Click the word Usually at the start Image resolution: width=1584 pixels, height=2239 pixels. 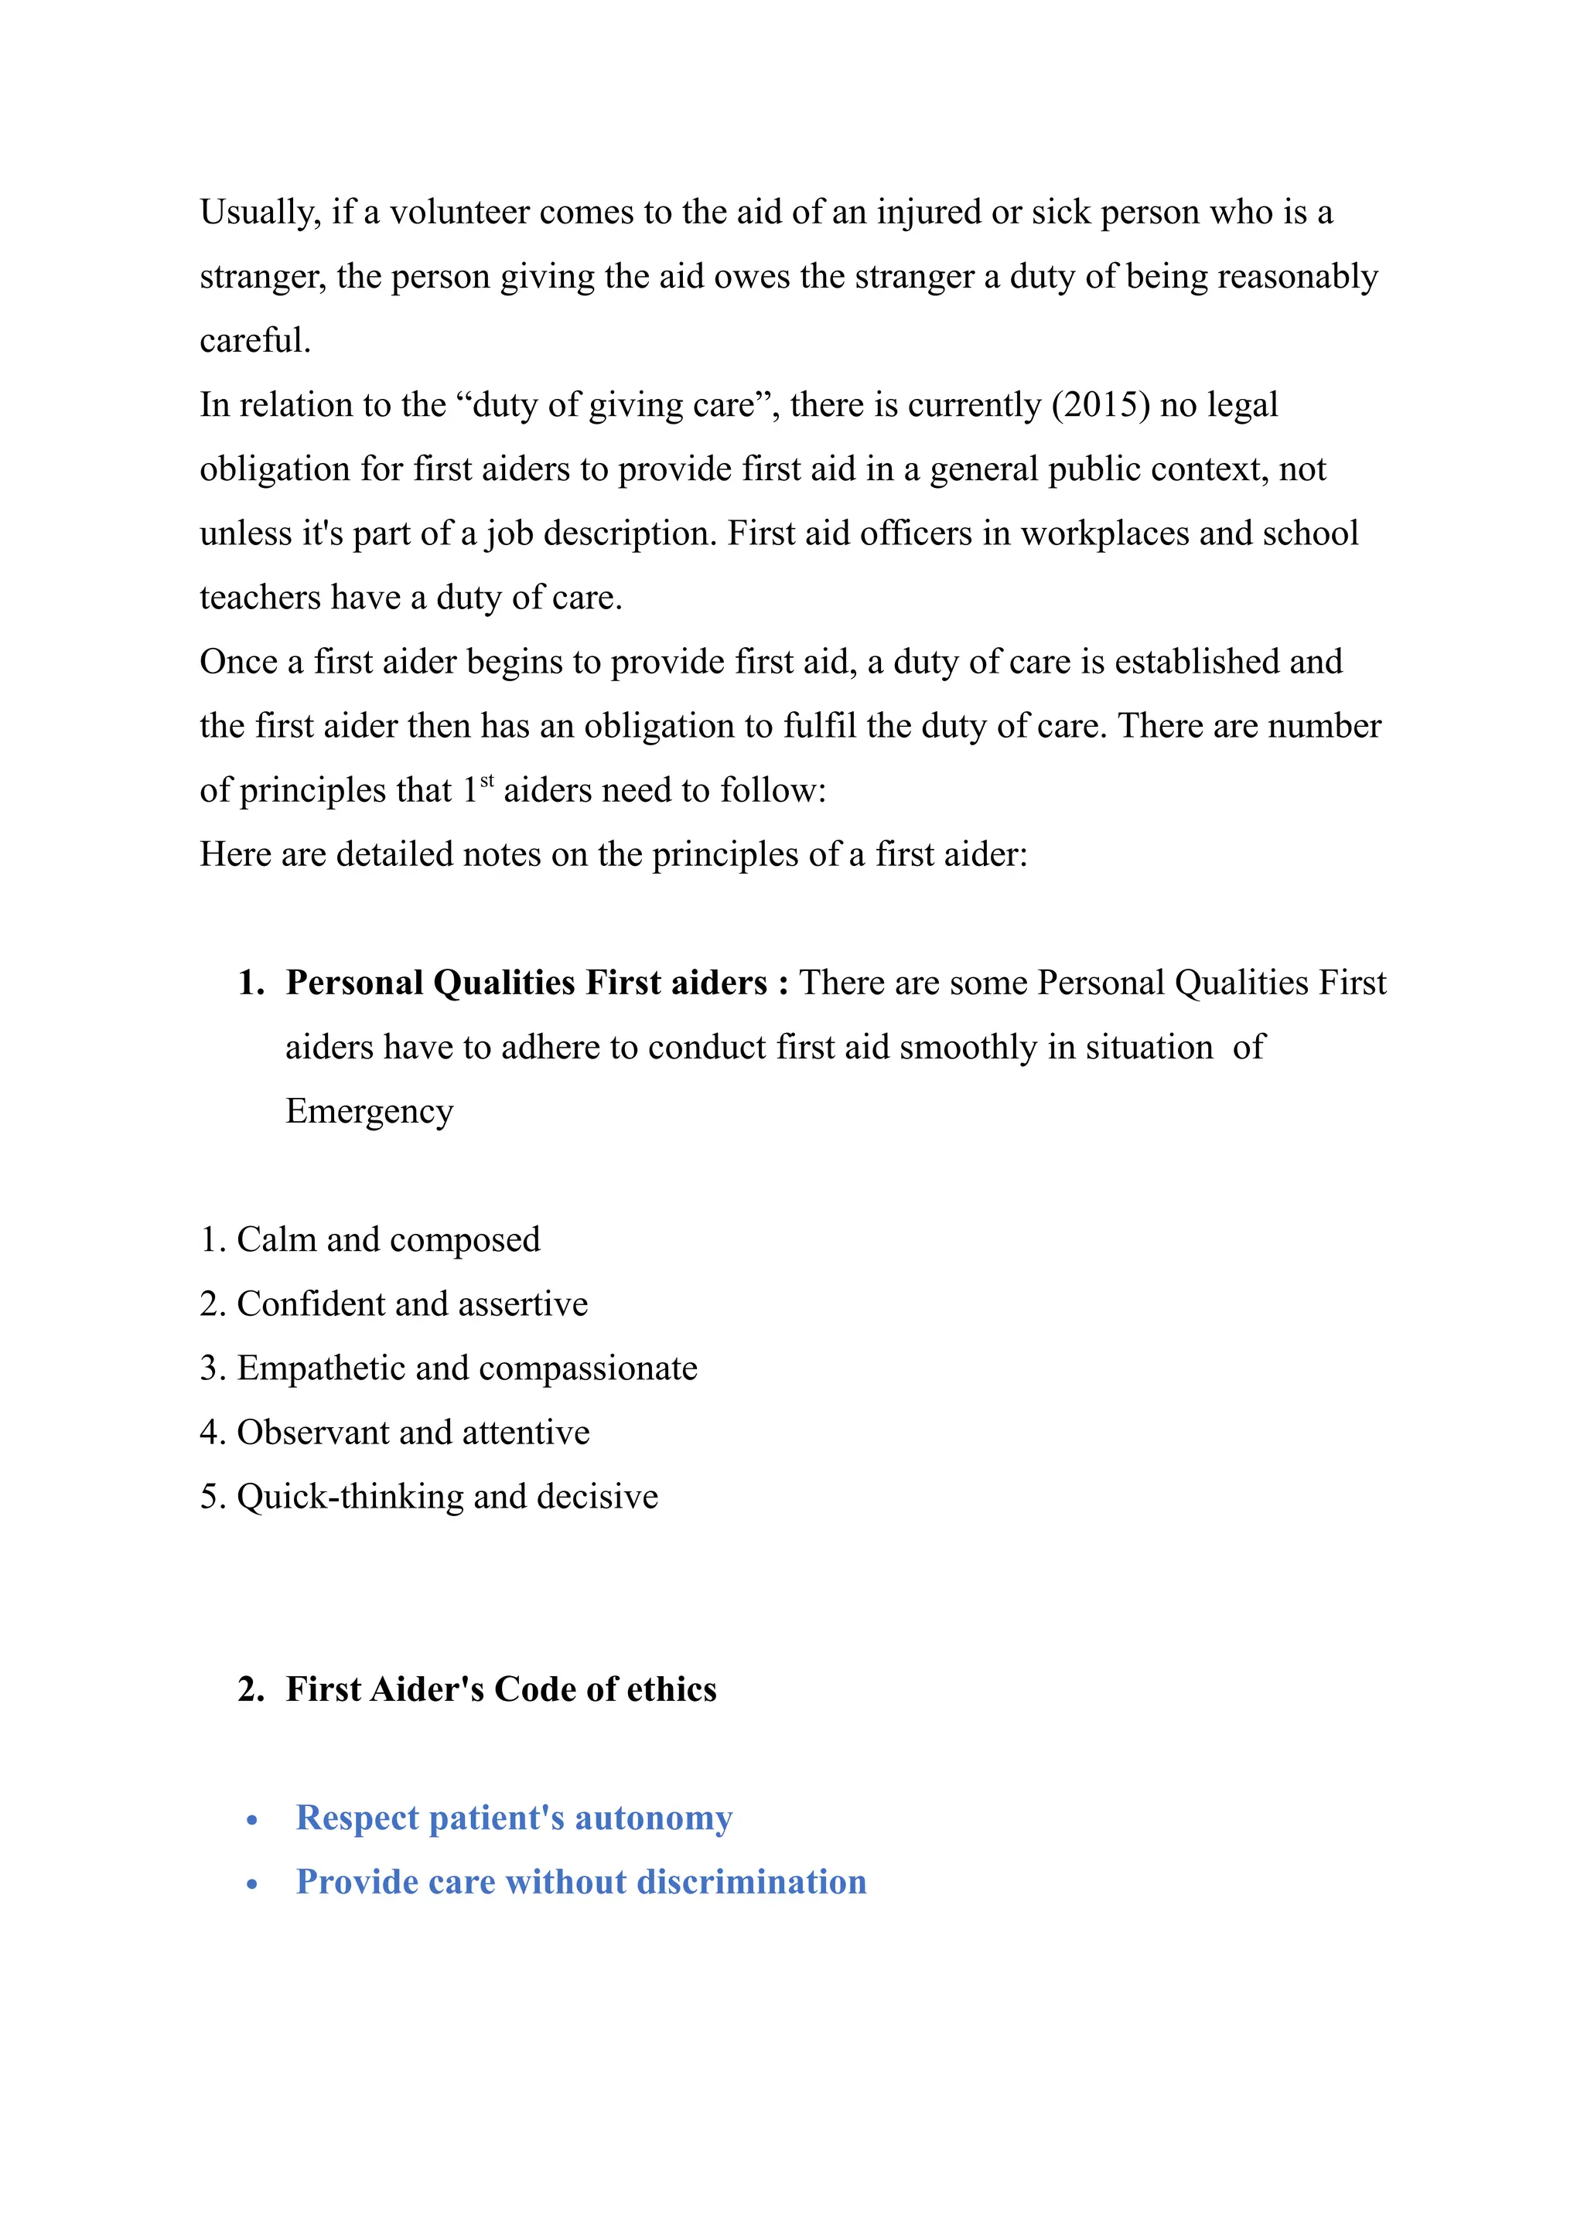259,213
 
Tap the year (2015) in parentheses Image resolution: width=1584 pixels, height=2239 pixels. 1101,404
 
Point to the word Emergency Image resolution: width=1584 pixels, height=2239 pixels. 369,1112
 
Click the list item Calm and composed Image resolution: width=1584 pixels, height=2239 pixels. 370,1240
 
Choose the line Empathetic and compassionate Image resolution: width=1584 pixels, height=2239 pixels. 449,1369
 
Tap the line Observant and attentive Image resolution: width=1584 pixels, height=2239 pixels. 395,1433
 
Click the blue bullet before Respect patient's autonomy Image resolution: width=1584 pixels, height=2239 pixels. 253,1821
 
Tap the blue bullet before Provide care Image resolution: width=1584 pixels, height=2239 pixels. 253,1885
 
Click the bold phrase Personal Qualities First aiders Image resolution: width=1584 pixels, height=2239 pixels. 527,983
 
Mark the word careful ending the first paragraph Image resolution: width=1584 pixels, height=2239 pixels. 254,341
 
